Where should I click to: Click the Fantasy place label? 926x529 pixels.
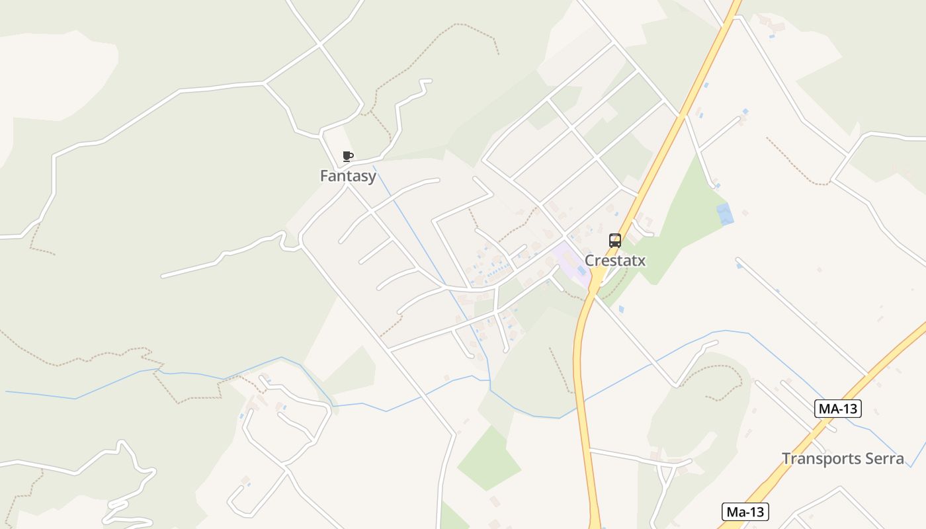coord(348,176)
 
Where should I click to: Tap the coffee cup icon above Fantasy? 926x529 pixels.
coord(348,157)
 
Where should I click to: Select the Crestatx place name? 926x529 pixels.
coord(614,261)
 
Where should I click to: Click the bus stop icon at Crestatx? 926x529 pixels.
coord(615,241)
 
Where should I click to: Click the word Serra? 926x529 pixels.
coord(883,458)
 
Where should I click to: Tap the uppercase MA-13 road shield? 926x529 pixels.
coord(838,409)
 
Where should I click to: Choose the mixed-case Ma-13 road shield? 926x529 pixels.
coord(744,512)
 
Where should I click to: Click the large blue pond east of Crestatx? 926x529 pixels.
coord(726,214)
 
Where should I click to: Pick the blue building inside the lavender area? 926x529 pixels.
coord(581,271)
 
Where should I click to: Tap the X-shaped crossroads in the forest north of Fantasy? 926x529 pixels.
coord(320,44)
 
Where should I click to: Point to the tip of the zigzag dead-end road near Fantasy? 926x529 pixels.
coord(430,81)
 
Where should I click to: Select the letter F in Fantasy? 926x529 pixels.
coord(325,176)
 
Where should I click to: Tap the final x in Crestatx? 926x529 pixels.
coord(641,261)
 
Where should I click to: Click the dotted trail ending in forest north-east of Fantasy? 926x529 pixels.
coord(497,53)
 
